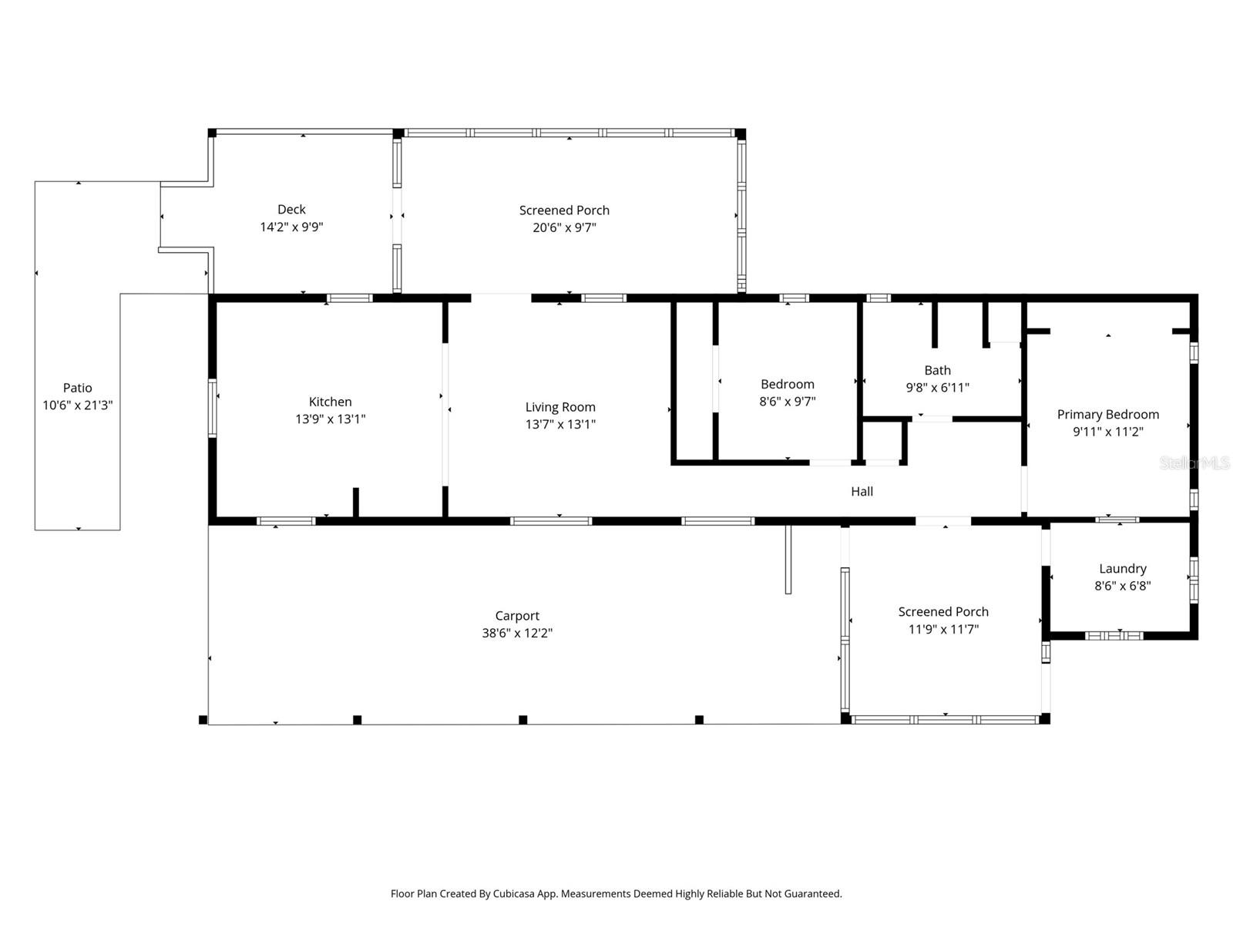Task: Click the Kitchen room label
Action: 330,402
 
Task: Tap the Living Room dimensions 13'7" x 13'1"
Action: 560,424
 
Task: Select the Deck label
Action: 291,210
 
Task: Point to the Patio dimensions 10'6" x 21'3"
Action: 77,405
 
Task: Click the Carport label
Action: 517,616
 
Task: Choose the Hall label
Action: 862,492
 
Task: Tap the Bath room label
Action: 937,371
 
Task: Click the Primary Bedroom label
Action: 1107,415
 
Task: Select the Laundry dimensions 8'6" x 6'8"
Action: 1122,586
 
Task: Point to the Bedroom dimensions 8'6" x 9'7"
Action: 787,402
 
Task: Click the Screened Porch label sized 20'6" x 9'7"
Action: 564,210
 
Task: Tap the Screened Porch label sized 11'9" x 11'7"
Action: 942,612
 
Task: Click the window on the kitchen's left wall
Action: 213,408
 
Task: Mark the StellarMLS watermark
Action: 1194,462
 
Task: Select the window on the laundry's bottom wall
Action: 1114,635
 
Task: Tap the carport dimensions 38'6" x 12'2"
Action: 517,634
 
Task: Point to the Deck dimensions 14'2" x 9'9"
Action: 291,227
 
